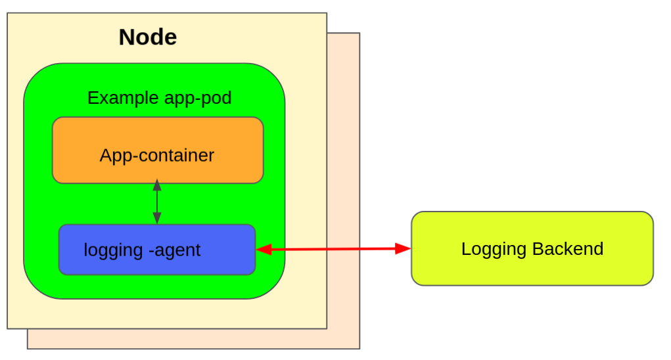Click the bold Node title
tap(147, 37)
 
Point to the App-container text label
tap(157, 156)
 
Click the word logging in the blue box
tap(113, 250)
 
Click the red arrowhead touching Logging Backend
tap(402, 248)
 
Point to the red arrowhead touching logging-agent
tap(264, 249)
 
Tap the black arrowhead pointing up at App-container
tap(157, 185)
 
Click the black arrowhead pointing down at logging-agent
tap(157, 218)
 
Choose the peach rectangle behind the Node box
tap(344, 197)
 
